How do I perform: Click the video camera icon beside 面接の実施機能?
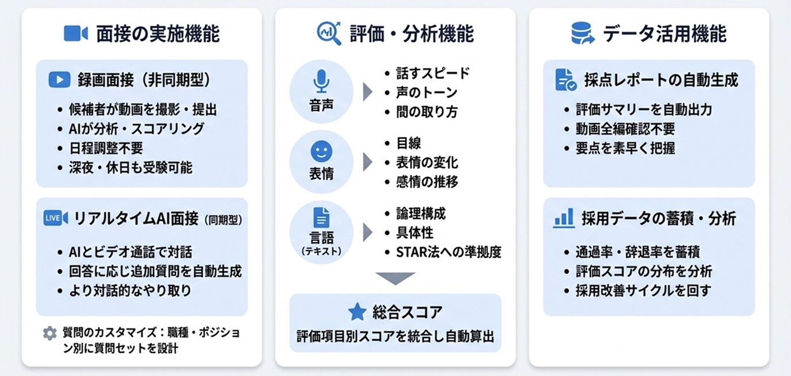[x=75, y=34]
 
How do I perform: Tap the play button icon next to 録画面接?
[x=59, y=80]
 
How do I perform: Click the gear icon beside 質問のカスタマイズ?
[x=50, y=333]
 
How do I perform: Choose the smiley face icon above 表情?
[x=321, y=152]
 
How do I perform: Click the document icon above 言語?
[x=321, y=218]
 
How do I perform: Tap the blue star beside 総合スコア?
[x=357, y=312]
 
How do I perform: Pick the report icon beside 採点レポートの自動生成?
[x=566, y=80]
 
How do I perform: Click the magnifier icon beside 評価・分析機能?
[x=329, y=33]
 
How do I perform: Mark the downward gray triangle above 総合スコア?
[x=395, y=279]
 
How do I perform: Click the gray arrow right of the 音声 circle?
[x=367, y=92]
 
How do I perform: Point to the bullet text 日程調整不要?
[x=106, y=148]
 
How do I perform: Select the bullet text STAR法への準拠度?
[x=448, y=252]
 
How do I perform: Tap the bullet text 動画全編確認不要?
[x=625, y=129]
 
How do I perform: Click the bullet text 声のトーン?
[x=427, y=93]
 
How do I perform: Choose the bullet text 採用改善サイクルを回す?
[x=643, y=290]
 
